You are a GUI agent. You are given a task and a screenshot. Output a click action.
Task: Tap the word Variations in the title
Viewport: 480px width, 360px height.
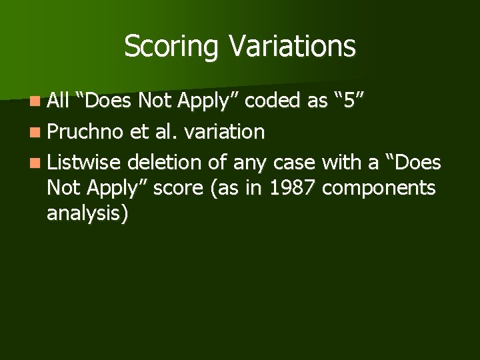292,46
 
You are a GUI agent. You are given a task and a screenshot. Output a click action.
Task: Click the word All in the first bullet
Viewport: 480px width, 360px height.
59,101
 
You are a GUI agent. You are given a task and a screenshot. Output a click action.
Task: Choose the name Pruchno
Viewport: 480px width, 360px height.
85,132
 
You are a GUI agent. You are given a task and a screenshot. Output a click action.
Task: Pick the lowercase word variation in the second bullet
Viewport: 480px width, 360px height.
224,131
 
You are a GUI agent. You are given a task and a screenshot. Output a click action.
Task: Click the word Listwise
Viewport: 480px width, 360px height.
84,161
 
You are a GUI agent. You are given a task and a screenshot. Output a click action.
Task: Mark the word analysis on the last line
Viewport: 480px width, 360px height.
87,215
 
